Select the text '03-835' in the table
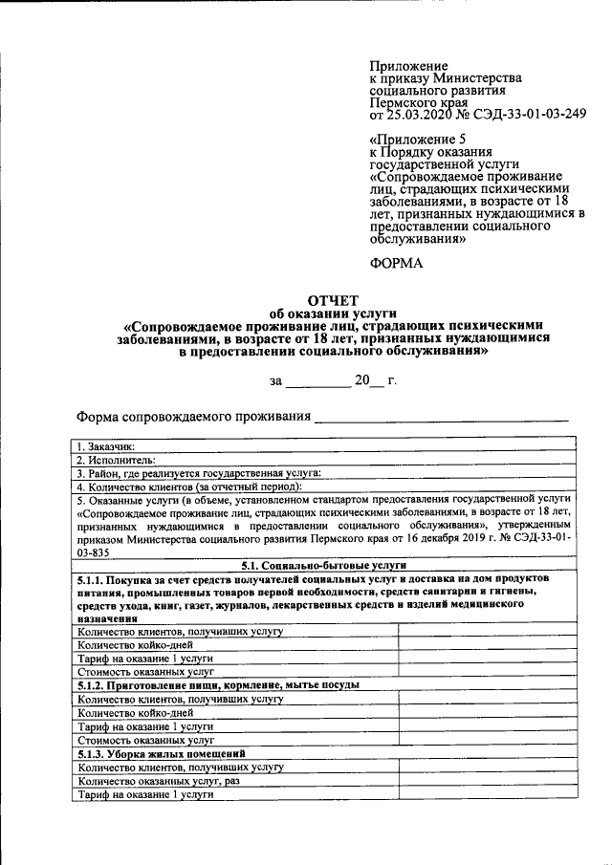coord(95,552)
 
